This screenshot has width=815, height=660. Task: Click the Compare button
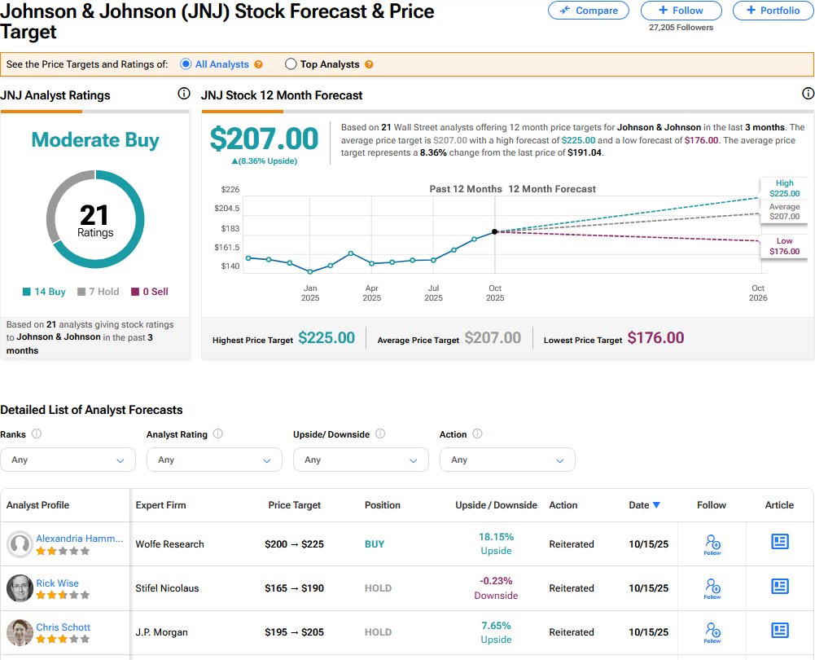point(589,11)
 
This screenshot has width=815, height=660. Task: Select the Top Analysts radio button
point(291,64)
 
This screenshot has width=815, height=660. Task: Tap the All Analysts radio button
point(186,64)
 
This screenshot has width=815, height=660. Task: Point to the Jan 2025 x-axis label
point(310,293)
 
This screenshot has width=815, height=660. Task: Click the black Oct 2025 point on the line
point(495,232)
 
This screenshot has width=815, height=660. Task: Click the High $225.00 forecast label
point(784,189)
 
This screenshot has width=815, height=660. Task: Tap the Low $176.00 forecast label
point(784,246)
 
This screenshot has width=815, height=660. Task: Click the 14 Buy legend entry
point(45,292)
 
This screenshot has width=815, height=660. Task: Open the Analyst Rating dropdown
point(214,460)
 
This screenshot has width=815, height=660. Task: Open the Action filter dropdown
point(507,460)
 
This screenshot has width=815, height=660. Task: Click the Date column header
point(644,505)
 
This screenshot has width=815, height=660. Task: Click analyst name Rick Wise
point(57,583)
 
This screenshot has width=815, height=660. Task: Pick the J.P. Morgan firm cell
point(161,632)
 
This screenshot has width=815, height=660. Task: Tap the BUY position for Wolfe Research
point(375,544)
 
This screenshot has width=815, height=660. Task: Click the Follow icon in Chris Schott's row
point(712,631)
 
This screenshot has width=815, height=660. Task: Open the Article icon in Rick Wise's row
point(780,587)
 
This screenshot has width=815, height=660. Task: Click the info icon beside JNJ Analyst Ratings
point(184,94)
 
